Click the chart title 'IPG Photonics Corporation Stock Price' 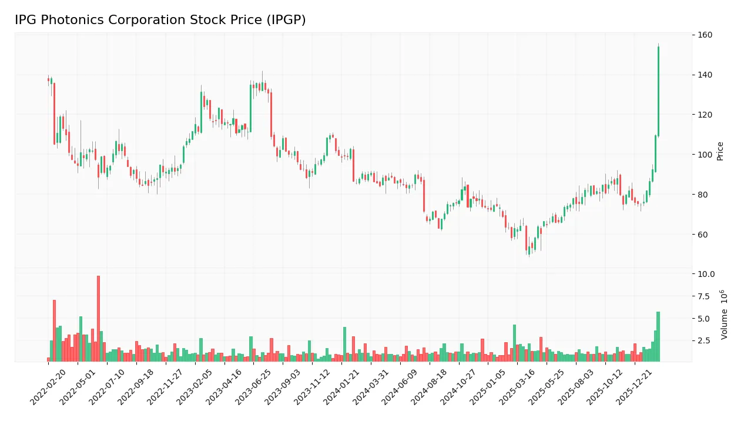point(160,21)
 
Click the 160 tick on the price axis point(705,35)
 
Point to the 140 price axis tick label point(705,75)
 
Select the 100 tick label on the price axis point(705,155)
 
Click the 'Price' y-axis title point(720,151)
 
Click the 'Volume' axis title point(725,315)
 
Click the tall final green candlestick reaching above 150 point(658,92)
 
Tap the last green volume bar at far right point(658,336)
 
